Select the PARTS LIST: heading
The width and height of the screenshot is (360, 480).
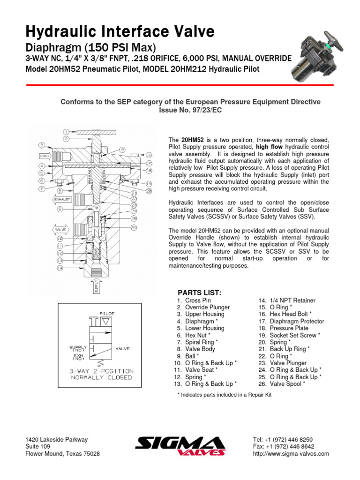(199, 292)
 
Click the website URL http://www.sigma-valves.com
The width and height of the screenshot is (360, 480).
(291, 454)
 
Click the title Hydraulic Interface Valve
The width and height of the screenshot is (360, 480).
(120, 31)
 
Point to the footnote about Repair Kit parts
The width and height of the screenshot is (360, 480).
(225, 395)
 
